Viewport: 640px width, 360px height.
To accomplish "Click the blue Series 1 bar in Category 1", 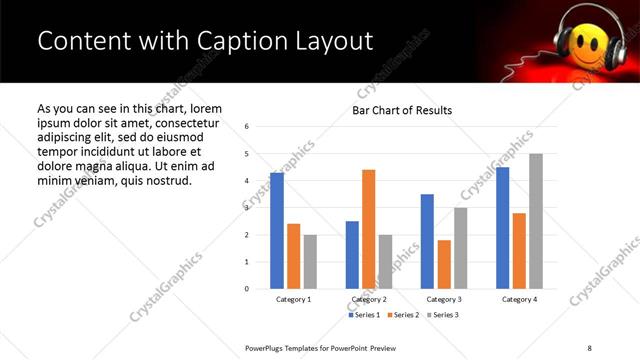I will coord(277,231).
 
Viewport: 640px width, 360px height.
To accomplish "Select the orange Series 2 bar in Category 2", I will coord(368,229).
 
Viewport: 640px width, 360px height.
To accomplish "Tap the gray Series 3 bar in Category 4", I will coord(536,221).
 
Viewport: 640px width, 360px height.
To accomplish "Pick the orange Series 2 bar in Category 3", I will coord(444,264).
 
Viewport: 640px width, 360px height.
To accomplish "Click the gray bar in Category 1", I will coord(310,262).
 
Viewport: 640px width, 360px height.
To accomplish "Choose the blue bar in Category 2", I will coord(352,255).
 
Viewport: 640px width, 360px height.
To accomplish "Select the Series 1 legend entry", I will coord(362,315).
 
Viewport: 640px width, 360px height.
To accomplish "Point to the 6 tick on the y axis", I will coord(247,127).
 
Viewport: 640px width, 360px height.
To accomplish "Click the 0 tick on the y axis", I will coord(247,289).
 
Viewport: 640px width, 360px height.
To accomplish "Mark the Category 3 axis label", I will coord(444,299).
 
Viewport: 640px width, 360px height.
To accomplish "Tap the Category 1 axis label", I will coord(293,299).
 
